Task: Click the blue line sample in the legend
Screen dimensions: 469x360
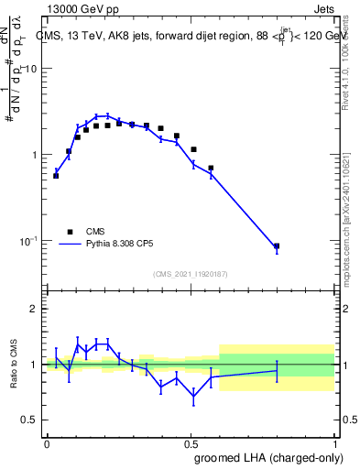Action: (68, 245)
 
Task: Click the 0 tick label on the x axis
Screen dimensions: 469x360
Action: (47, 442)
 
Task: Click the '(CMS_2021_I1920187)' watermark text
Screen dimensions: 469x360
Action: (190, 274)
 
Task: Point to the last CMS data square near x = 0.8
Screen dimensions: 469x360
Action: (277, 246)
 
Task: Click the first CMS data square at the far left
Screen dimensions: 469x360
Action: (56, 175)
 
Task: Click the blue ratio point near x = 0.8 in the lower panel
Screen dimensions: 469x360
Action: (277, 370)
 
